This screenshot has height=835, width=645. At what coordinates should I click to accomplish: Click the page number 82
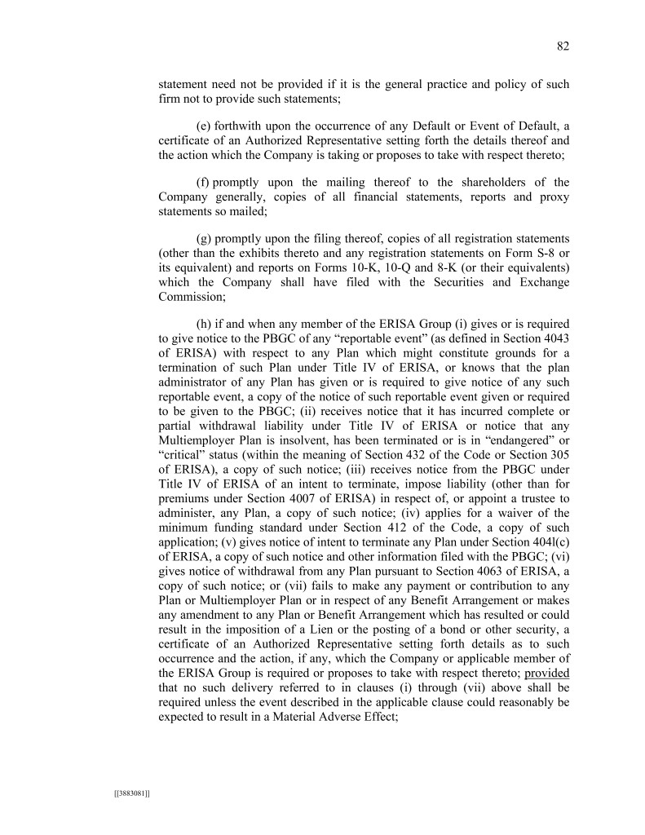[562, 46]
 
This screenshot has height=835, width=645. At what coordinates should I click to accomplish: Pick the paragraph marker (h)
[204, 324]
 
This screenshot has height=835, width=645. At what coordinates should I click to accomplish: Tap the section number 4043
[554, 338]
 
